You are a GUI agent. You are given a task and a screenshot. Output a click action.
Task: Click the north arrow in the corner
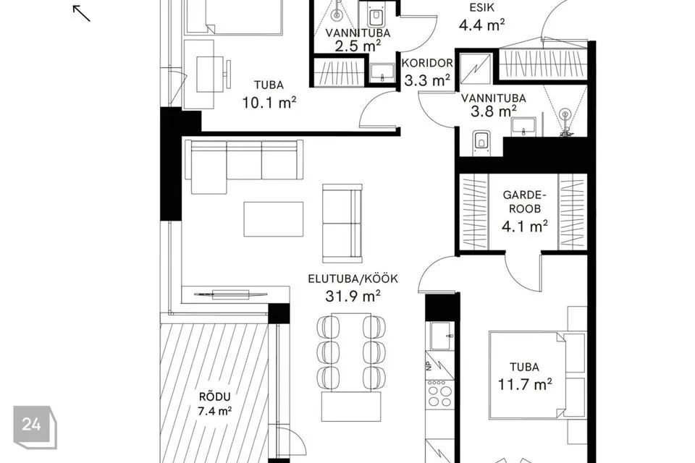point(81,13)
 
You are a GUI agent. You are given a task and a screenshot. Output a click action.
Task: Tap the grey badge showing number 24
point(35,427)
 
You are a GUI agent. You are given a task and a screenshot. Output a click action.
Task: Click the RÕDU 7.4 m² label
point(214,403)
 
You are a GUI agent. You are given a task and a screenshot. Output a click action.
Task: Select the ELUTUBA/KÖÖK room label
point(353,279)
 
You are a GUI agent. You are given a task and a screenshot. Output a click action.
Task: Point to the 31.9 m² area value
point(353,295)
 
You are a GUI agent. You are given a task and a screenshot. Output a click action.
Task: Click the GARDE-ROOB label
point(524,202)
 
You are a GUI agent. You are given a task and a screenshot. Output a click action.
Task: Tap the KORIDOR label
point(427,64)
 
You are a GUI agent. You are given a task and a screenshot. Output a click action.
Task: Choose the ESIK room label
point(482,7)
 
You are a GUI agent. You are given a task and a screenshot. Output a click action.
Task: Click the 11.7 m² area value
point(524,383)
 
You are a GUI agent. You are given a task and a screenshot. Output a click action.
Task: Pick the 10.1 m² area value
point(269,102)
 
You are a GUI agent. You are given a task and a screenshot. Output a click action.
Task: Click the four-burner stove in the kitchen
point(439,394)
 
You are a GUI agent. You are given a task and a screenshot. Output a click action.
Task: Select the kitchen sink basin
point(441,336)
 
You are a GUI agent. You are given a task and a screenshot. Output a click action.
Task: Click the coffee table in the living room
point(274,219)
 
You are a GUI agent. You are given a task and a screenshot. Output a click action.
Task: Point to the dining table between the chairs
point(351,352)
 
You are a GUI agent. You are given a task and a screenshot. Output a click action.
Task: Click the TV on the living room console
point(230,294)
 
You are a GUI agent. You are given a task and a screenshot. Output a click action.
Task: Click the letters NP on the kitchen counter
point(429,366)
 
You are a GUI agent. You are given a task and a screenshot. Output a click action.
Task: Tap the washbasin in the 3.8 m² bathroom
point(524,127)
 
